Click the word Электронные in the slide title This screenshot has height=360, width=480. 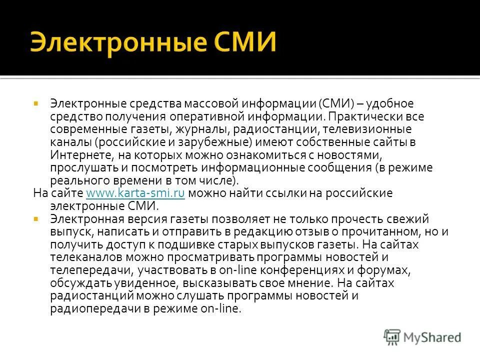coord(117,42)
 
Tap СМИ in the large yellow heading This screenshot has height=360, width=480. coord(244,42)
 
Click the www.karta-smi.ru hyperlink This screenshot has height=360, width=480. coord(136,193)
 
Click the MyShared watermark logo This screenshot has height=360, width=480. coord(422,336)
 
